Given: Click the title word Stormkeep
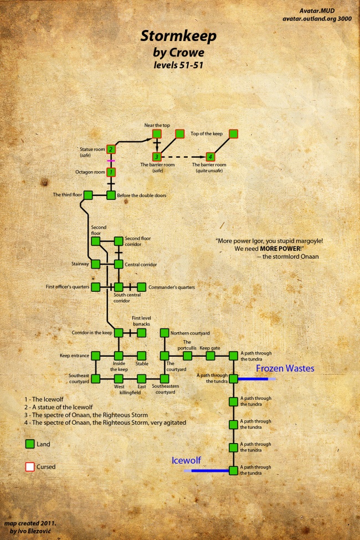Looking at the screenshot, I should [x=178, y=37].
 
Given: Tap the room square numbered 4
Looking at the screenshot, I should [x=210, y=157].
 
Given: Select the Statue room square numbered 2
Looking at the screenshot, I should [x=111, y=149].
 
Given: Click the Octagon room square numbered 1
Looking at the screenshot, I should [x=111, y=172].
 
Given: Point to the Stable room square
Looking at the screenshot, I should [x=141, y=356].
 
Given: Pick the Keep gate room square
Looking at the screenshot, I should [x=210, y=356].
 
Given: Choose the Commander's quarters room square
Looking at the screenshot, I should [x=141, y=287].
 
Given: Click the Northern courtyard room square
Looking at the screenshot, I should [x=164, y=333].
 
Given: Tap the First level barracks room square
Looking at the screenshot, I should [x=141, y=333].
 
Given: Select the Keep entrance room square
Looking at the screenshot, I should [x=96, y=356].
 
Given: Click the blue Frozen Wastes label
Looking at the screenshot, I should [x=285, y=368].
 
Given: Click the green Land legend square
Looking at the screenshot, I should [x=30, y=444].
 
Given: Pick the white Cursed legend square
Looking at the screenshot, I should [x=30, y=467].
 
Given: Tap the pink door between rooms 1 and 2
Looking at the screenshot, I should [x=111, y=161].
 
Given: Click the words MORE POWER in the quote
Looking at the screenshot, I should [x=280, y=250].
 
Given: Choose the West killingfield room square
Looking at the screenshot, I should [x=119, y=379].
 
